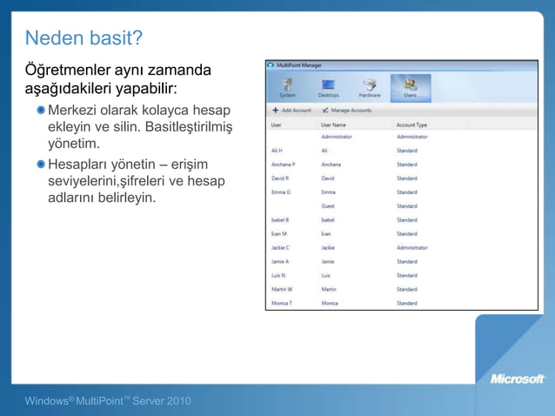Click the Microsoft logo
[x=518, y=379]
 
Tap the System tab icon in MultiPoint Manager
[x=287, y=86]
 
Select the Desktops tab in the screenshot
[x=328, y=86]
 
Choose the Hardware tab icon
[x=370, y=86]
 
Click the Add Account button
[x=291, y=111]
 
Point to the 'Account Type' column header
[x=411, y=124]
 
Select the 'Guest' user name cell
[x=328, y=205]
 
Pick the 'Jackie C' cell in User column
[x=280, y=247]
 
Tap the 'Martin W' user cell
[x=282, y=289]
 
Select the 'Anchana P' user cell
[x=283, y=164]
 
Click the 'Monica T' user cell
[x=281, y=303]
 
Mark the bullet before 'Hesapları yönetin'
[x=41, y=164]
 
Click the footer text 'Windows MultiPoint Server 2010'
[x=108, y=400]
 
